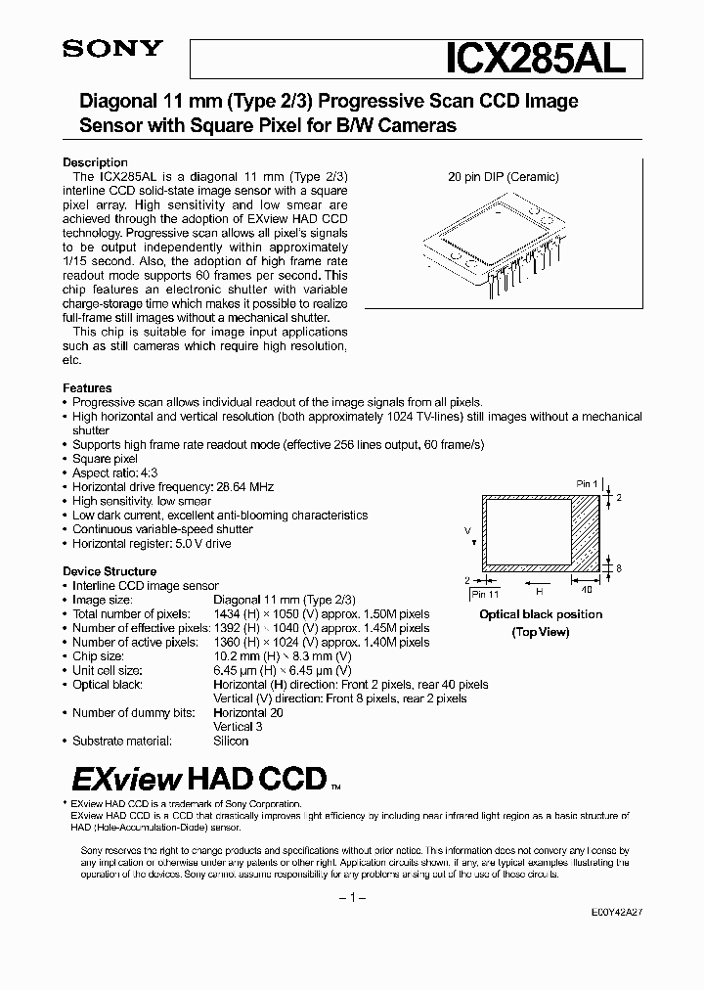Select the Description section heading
click(x=95, y=162)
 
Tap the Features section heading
click(x=87, y=388)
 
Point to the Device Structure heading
click(x=110, y=571)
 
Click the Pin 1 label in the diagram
click(x=587, y=483)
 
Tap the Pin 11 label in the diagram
click(x=485, y=594)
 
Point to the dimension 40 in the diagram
click(x=587, y=590)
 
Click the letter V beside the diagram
click(x=468, y=529)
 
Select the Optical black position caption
click(x=541, y=614)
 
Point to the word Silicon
click(x=231, y=741)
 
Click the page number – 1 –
click(x=351, y=898)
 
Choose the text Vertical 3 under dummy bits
click(x=239, y=727)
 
